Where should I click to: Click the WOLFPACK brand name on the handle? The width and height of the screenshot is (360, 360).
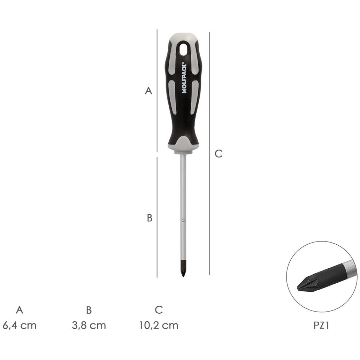click(185, 78)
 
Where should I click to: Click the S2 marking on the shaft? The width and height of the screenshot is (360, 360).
click(183, 221)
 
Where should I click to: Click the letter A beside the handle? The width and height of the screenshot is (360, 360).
click(148, 91)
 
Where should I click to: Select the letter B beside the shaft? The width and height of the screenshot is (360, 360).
click(150, 218)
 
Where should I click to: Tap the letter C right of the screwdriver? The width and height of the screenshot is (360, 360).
click(219, 154)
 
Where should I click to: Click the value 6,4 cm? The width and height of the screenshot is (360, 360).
click(20, 325)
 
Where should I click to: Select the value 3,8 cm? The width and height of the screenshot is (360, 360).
click(89, 325)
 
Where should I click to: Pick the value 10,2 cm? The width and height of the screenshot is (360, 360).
click(159, 325)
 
